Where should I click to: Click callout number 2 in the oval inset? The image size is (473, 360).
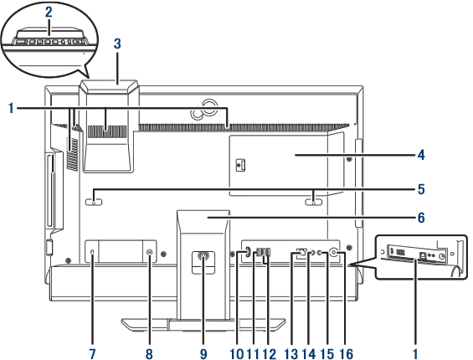(49, 13)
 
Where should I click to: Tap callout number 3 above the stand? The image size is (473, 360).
(117, 44)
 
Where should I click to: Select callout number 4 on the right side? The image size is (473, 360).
(421, 155)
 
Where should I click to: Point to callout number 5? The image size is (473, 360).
(421, 189)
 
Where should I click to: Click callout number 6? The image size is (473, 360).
(421, 218)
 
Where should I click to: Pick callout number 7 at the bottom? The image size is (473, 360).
(92, 353)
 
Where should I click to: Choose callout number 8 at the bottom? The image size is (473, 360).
(149, 353)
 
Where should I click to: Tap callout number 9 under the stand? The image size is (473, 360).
(203, 353)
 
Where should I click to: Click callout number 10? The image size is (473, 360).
(237, 353)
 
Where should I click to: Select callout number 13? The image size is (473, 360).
(290, 353)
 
